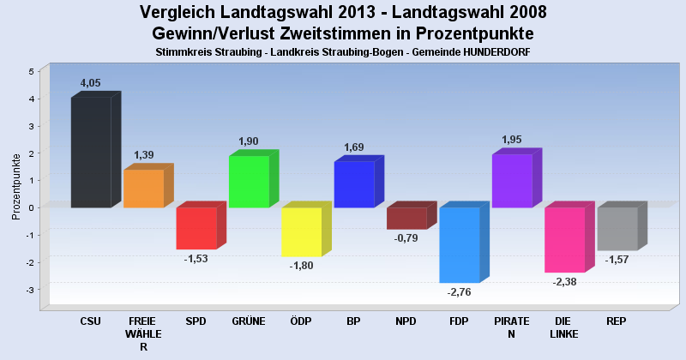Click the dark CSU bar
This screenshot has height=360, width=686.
tap(91, 152)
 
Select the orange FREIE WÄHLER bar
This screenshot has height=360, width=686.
tap(143, 189)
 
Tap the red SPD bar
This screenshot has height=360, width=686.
tap(196, 228)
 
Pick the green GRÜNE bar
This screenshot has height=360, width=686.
tap(249, 182)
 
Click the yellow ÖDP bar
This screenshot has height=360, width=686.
tap(302, 231)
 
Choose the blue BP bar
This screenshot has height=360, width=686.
tap(354, 184)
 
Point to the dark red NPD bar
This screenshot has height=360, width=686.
tap(406, 219)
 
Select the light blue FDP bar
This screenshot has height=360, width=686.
tap(460, 244)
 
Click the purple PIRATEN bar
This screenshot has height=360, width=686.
tap(512, 181)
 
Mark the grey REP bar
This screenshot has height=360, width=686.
tap(617, 229)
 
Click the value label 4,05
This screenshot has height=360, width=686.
tap(91, 83)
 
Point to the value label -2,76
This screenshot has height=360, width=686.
tap(460, 292)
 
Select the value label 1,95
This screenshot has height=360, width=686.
tap(511, 140)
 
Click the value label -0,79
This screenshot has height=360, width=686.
tap(406, 238)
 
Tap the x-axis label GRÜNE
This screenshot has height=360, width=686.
tap(248, 321)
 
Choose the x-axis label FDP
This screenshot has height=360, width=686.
tap(459, 321)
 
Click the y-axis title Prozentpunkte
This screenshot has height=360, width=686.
tap(17, 186)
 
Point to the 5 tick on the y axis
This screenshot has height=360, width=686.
tap(31, 71)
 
